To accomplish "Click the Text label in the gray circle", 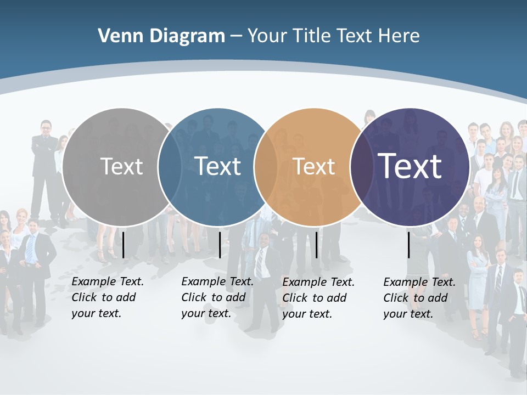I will click(x=122, y=166).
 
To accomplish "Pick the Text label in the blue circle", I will click(x=218, y=166).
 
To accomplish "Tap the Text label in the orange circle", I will click(x=314, y=166).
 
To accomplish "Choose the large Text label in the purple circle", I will click(x=410, y=166).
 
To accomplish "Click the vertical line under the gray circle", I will click(x=124, y=245).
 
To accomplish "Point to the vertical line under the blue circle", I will click(x=220, y=245).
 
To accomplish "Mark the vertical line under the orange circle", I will click(x=317, y=245).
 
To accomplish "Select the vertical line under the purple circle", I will click(x=409, y=245).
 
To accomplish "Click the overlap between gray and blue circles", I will click(x=170, y=166).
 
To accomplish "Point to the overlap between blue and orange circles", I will click(x=266, y=166).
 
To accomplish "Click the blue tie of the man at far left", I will click(x=30, y=250).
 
